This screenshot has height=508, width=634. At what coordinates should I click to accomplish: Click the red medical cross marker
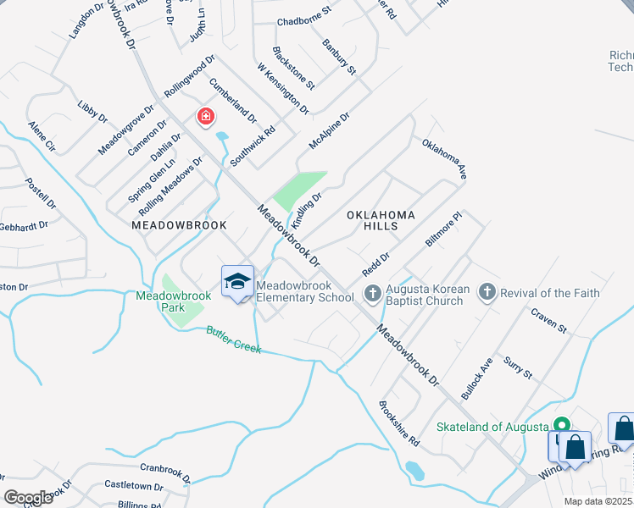pyautogui.click(x=205, y=116)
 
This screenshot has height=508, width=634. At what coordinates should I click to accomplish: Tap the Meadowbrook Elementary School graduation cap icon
pyautogui.click(x=238, y=281)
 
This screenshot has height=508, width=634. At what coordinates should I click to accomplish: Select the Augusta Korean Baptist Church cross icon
pyautogui.click(x=371, y=293)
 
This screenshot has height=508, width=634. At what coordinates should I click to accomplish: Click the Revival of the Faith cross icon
pyautogui.click(x=487, y=292)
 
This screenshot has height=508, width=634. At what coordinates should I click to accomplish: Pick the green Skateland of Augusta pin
pyautogui.click(x=560, y=425)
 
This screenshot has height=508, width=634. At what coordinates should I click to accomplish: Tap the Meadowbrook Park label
pyautogui.click(x=161, y=301)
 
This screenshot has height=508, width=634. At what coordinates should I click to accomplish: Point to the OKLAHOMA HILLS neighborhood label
pyautogui.click(x=381, y=221)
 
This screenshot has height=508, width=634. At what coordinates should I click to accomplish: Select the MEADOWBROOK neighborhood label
pyautogui.click(x=180, y=225)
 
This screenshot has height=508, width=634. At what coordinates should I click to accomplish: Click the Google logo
pyautogui.click(x=29, y=497)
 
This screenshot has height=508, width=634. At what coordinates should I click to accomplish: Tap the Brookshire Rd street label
pyautogui.click(x=399, y=423)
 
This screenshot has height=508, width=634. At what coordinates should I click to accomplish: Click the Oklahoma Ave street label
pyautogui.click(x=445, y=159)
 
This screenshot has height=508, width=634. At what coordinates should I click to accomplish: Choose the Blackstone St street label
pyautogui.click(x=293, y=68)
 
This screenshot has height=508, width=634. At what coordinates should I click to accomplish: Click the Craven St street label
pyautogui.click(x=548, y=321)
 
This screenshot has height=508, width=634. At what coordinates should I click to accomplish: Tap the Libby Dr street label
pyautogui.click(x=92, y=111)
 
